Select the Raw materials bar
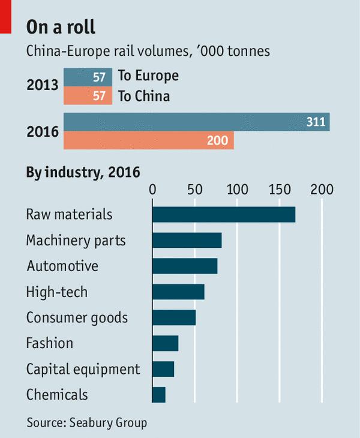(224, 214)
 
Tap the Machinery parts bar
(187, 240)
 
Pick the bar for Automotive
(185, 266)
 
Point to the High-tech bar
(178, 292)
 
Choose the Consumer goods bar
(174, 317)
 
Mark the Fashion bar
(166, 343)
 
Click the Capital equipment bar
(163, 369)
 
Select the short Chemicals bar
(159, 395)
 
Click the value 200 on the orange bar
(217, 141)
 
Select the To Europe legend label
(148, 76)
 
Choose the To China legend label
(144, 95)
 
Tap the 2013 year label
(43, 85)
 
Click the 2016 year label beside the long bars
(43, 131)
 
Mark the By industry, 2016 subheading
(83, 173)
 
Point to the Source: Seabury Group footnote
(86, 422)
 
